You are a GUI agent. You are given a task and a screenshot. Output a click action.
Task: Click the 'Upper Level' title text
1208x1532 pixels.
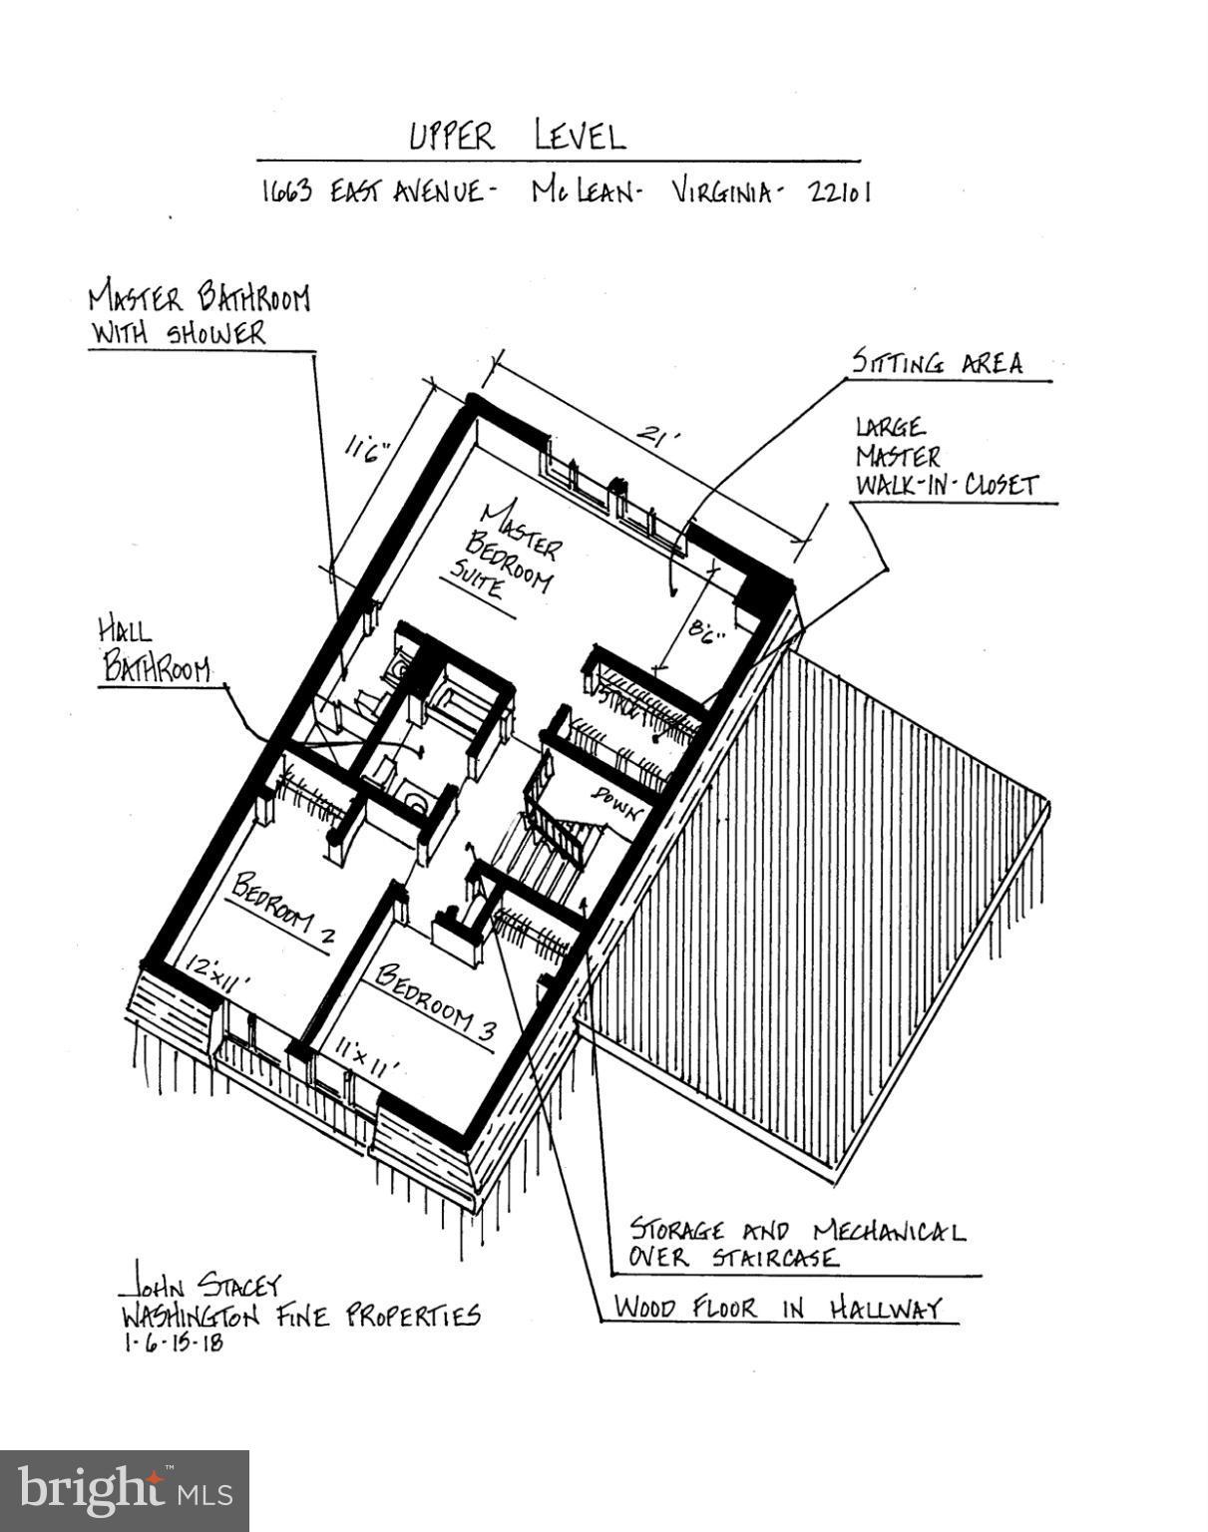518,136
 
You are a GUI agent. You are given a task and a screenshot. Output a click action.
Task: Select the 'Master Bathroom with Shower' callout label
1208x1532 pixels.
199,314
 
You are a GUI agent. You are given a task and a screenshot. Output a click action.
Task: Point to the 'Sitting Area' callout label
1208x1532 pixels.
937,362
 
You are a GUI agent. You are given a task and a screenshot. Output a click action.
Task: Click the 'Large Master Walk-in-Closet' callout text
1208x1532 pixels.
945,457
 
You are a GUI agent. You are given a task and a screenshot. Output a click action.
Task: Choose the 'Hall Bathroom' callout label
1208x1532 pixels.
154,650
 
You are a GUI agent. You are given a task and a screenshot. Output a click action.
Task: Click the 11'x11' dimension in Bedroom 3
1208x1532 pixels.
367,1056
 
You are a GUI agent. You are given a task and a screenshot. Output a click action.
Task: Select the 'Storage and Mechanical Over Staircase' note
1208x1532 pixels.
795,1243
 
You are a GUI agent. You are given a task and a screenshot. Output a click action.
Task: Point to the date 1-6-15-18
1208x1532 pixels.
174,1342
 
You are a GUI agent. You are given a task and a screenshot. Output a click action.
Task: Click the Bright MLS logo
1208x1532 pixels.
125,1490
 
